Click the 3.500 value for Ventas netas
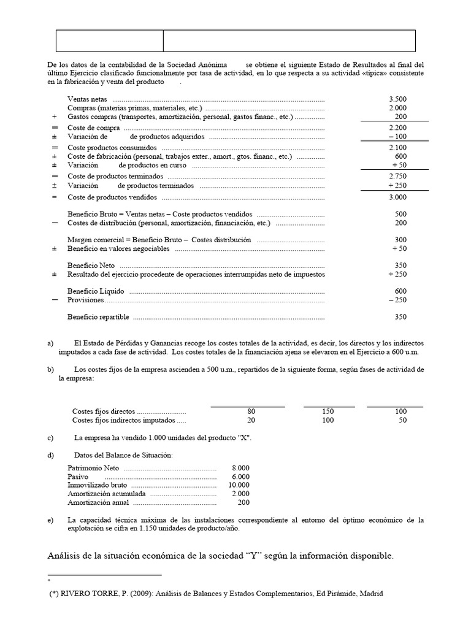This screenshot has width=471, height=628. point(397,99)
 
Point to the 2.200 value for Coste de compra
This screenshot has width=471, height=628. point(397,128)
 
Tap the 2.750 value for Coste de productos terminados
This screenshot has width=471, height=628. point(397,176)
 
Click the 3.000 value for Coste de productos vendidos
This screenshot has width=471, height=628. point(397,197)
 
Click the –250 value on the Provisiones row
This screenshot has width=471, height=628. point(397,300)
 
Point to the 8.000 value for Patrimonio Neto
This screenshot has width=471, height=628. point(240,467)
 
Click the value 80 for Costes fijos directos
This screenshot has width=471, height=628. point(251,411)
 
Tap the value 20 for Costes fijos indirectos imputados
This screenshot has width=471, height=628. point(251,420)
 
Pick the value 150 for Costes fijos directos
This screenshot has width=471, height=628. point(328,411)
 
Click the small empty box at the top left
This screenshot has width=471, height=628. point(109,40)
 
